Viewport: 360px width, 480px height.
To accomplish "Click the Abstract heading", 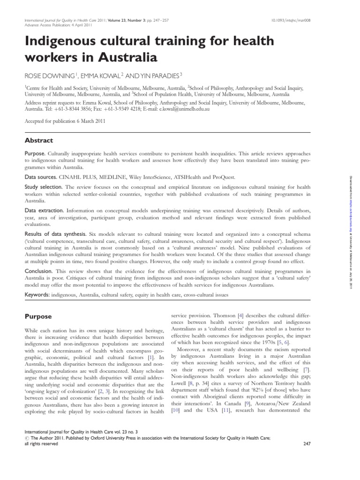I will tap(39, 140).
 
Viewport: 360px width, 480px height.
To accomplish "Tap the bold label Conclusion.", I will tap(39, 271).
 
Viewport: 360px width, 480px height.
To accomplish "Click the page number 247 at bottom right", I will tap(307, 443).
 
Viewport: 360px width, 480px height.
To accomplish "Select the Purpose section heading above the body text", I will tap(38, 317).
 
